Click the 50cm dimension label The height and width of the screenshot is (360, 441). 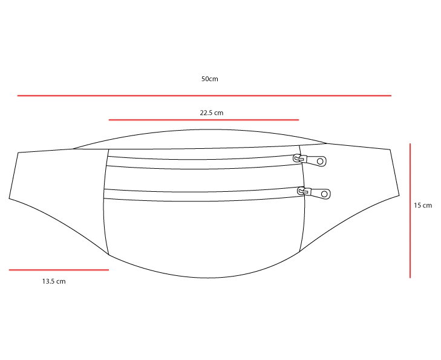click(x=209, y=79)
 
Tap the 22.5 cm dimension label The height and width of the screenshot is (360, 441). click(x=212, y=113)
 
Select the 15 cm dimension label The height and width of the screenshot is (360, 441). click(x=423, y=205)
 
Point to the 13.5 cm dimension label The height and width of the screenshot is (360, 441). click(x=54, y=281)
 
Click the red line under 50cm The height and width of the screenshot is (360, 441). click(x=204, y=96)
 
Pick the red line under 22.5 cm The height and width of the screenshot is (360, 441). click(x=204, y=120)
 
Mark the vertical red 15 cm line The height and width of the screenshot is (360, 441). click(x=410, y=211)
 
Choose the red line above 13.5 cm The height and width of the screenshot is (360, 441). click(x=59, y=270)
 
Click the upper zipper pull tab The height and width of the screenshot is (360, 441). click(x=315, y=161)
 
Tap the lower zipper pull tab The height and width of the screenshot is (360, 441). click(x=319, y=194)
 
